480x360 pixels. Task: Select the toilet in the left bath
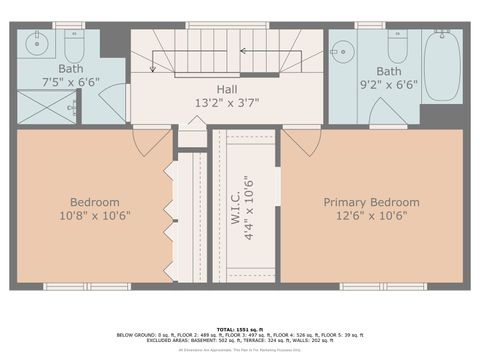point(75,45)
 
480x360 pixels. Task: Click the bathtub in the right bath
point(440,64)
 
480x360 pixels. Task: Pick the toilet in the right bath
point(396,47)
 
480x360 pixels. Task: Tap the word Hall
point(227,89)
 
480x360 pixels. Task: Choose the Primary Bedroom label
point(371,202)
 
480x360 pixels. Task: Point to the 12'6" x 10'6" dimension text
point(371,215)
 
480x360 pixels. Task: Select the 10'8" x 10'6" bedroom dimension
point(95,215)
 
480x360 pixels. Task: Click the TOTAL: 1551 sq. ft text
point(240,327)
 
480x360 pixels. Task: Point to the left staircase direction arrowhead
point(153,68)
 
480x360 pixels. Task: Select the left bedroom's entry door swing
point(148,140)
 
